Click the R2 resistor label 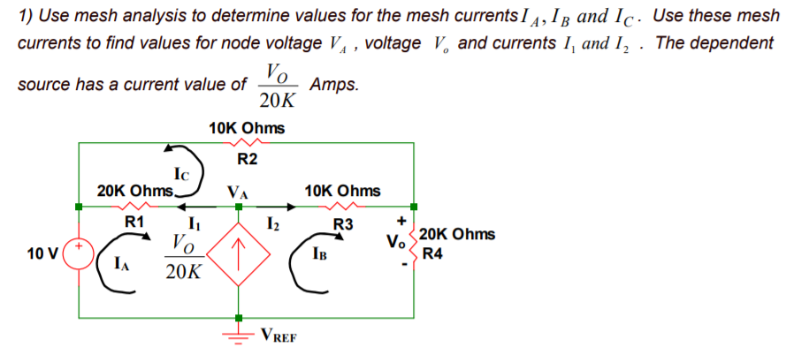coord(248,159)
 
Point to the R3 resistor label coord(342,224)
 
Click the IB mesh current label coord(323,256)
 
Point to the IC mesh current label coord(181,174)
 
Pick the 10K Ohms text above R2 coord(247,128)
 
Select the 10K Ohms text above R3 coord(342,191)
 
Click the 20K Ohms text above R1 coord(134,191)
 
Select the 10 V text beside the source coord(42,254)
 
